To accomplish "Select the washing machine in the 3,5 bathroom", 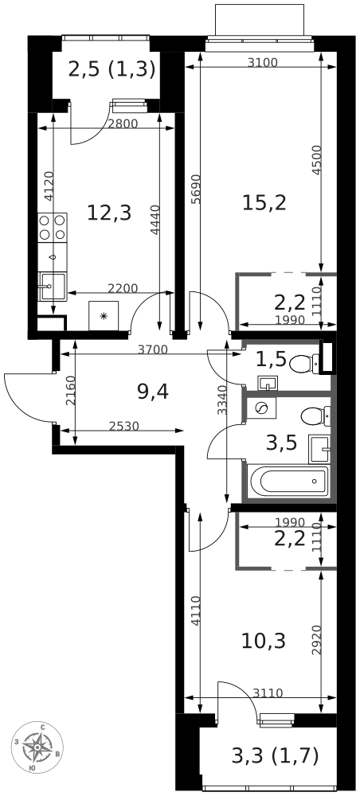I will pyautogui.click(x=260, y=408).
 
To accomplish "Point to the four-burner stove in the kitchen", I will pyautogui.click(x=53, y=228).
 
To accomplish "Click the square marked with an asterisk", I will pyautogui.click(x=104, y=315).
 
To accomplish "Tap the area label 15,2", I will pyautogui.click(x=264, y=202).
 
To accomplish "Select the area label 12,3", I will pyautogui.click(x=108, y=213).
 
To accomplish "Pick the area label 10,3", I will pyautogui.click(x=264, y=640).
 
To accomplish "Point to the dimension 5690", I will pyautogui.click(x=195, y=191).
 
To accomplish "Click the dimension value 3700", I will pyautogui.click(x=152, y=349).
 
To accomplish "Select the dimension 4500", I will pyautogui.click(x=317, y=159).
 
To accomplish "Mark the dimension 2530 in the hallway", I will pyautogui.click(x=123, y=427).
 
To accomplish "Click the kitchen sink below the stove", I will pyautogui.click(x=53, y=284).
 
